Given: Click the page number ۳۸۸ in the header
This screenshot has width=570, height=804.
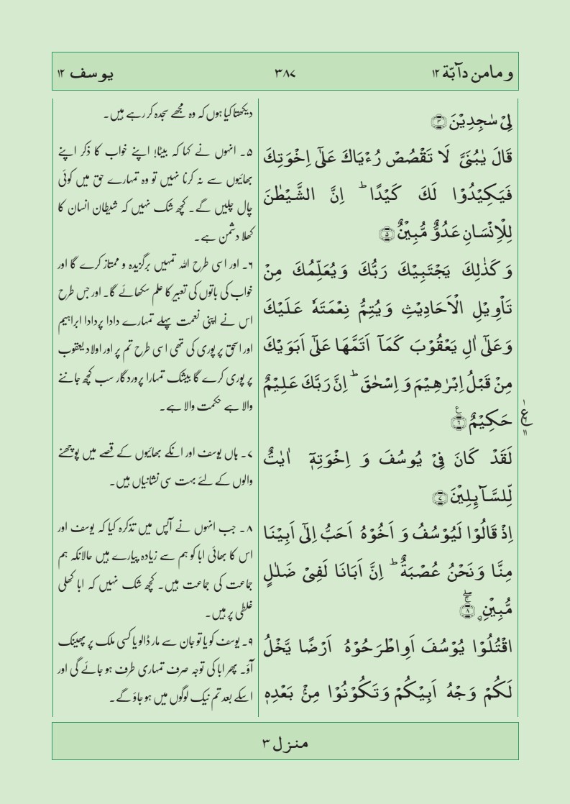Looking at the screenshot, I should tap(286, 72).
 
